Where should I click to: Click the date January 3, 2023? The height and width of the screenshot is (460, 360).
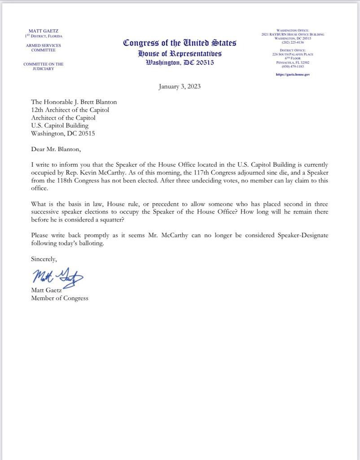click(x=180, y=86)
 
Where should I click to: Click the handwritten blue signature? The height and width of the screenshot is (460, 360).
click(x=57, y=275)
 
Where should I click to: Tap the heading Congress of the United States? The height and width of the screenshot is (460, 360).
click(x=180, y=43)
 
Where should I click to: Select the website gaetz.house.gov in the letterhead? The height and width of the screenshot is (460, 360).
click(x=293, y=74)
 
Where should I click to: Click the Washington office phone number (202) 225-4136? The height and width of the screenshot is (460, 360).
click(x=293, y=43)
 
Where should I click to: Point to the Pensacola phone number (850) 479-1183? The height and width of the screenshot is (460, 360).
click(x=293, y=66)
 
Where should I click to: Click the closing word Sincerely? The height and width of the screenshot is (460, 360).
click(x=44, y=259)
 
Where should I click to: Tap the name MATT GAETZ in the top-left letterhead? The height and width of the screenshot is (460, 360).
click(x=44, y=31)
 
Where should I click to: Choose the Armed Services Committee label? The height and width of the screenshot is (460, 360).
click(x=44, y=48)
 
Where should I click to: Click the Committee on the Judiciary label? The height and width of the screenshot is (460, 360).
click(x=44, y=66)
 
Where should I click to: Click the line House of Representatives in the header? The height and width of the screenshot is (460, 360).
click(x=180, y=53)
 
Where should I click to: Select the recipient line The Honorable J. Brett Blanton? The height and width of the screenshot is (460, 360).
click(x=74, y=102)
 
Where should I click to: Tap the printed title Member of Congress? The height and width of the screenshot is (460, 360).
click(x=60, y=298)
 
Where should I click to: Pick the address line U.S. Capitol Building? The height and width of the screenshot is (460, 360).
click(x=60, y=125)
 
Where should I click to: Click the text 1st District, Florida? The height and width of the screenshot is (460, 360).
click(x=44, y=36)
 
